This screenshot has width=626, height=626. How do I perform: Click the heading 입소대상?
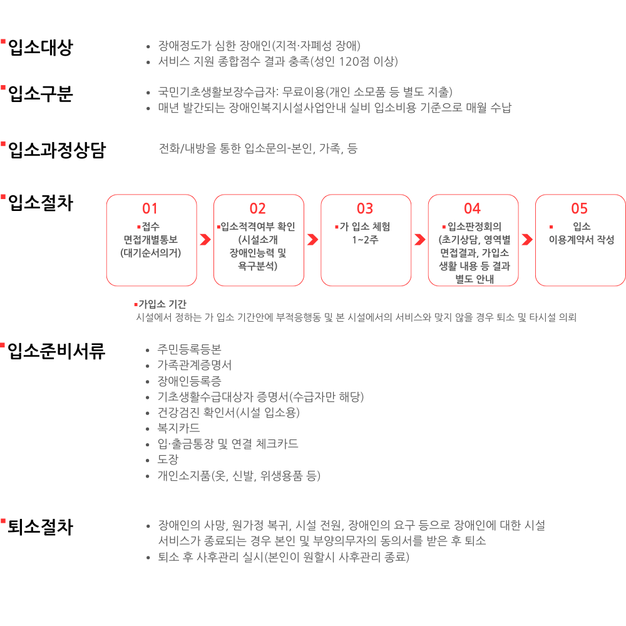40,48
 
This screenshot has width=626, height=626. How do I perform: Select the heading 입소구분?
40,94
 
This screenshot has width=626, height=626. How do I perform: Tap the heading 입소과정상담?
56,150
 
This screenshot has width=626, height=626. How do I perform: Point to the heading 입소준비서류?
56,351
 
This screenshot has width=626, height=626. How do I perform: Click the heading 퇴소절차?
40,527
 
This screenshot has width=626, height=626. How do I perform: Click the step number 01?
150,208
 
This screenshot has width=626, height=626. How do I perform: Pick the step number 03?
365,208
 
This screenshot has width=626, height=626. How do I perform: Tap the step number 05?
580,208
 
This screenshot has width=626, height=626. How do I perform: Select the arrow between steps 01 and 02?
205,240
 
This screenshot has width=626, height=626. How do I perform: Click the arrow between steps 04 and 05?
526,240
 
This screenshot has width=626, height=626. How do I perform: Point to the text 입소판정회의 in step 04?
475,227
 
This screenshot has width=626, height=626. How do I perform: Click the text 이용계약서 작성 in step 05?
582,240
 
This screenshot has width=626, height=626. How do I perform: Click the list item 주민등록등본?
190,350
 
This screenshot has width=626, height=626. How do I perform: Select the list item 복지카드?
179,428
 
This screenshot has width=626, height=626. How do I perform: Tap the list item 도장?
168,459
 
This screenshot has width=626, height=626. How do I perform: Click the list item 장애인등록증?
190,381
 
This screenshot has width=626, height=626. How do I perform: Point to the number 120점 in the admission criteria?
354,61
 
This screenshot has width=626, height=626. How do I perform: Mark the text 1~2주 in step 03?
365,240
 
